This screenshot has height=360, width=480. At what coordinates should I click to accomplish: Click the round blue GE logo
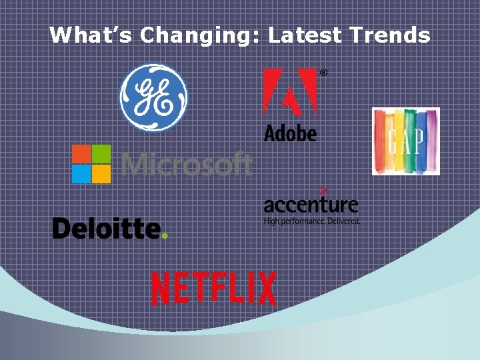(153, 97)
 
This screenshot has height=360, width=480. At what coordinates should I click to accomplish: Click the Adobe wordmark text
(290, 132)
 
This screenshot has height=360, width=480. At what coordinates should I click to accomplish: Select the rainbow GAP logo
(405, 141)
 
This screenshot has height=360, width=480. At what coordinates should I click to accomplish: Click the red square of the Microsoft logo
(81, 154)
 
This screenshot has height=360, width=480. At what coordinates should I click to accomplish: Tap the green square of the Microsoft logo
(101, 154)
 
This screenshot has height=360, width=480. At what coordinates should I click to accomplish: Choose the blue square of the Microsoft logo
(81, 174)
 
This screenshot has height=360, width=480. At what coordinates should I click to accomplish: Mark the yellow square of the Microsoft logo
(101, 174)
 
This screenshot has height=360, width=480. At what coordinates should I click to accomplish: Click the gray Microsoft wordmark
(187, 163)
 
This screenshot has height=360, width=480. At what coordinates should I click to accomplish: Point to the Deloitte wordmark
(107, 228)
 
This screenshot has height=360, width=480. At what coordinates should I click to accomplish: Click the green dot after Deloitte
(165, 235)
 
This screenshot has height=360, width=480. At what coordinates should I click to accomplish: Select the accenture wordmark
(311, 204)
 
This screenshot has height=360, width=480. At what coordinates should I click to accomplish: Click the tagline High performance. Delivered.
(311, 220)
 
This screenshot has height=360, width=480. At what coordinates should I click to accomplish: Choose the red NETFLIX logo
(213, 289)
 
